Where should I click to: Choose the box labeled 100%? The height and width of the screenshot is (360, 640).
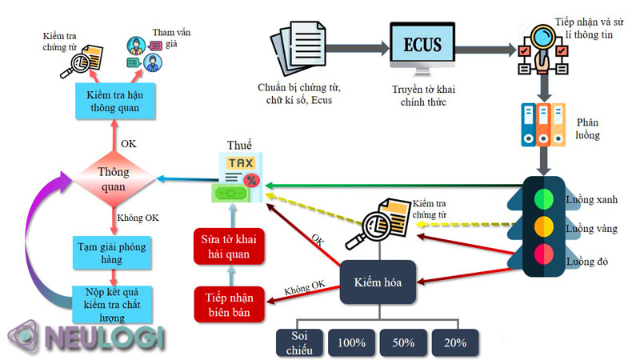(x=351, y=342)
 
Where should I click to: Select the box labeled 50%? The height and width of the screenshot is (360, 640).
(x=403, y=342)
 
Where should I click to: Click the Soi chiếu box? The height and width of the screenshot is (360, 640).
(x=300, y=342)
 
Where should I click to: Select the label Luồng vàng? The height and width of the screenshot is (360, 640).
(x=590, y=229)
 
